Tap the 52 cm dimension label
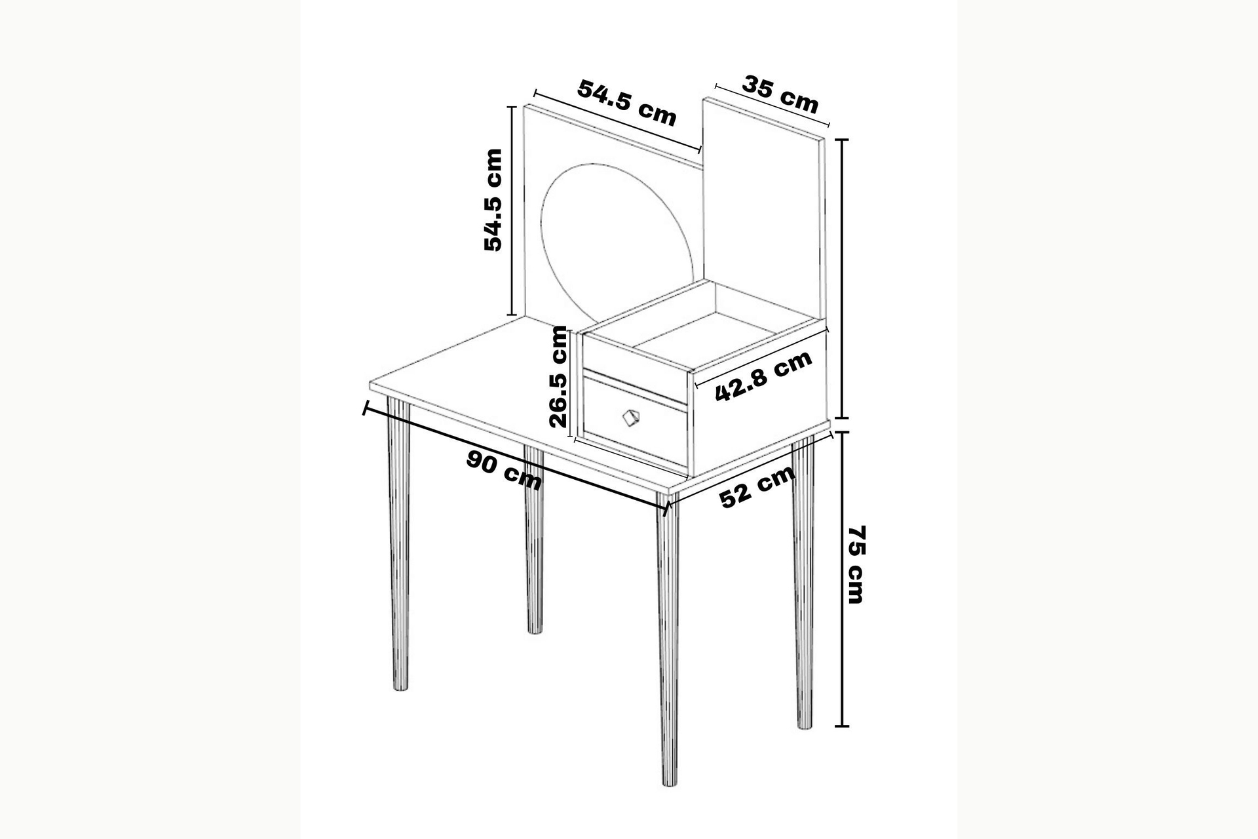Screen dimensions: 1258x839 [757, 488]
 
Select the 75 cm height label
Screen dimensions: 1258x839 [856, 564]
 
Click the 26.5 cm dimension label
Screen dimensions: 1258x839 [558, 376]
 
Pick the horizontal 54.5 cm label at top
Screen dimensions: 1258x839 [626, 103]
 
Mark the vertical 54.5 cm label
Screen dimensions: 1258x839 [493, 200]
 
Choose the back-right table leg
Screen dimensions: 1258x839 [534, 540]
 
